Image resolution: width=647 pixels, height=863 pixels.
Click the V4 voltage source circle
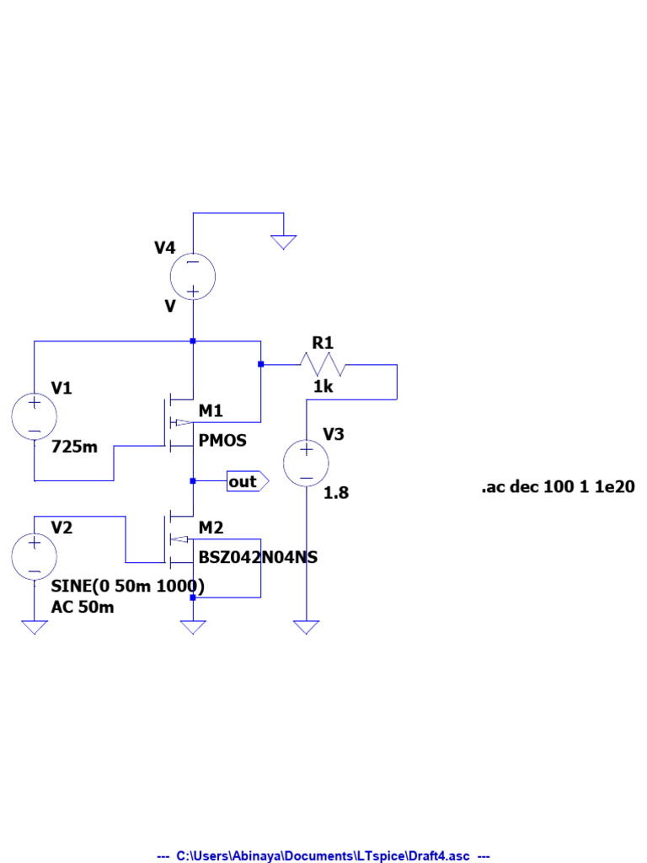click(193, 276)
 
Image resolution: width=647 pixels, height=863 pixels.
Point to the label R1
click(323, 343)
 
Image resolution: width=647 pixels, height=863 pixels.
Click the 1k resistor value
click(323, 387)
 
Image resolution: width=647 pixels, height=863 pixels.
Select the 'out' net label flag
click(247, 481)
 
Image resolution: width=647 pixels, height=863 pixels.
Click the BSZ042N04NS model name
click(258, 557)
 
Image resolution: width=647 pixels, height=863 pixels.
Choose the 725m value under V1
click(74, 447)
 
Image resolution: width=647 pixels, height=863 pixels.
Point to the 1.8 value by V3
click(336, 492)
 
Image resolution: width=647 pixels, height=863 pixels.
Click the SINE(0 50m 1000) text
click(128, 586)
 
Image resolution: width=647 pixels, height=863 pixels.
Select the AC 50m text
click(83, 607)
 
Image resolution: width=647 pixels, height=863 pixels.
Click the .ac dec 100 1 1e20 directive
click(558, 486)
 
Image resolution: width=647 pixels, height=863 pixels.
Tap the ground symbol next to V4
click(284, 242)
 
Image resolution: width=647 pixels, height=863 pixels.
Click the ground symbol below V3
click(306, 627)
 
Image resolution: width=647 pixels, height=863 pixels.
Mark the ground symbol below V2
click(35, 627)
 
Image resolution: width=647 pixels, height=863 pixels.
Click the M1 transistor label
click(211, 410)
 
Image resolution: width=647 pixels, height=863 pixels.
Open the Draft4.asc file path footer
click(323, 855)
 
